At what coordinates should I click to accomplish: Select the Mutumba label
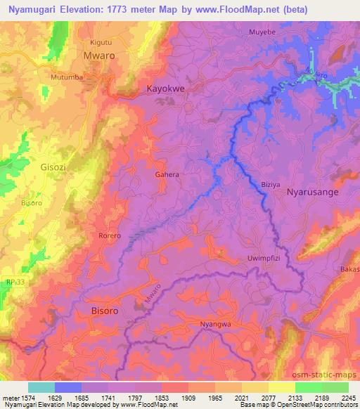pyautogui.click(x=67, y=76)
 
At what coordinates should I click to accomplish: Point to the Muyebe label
pyautogui.click(x=263, y=32)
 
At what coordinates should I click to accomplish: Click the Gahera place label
pyautogui.click(x=167, y=174)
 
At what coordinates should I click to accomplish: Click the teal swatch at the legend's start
pyautogui.click(x=41, y=387)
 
